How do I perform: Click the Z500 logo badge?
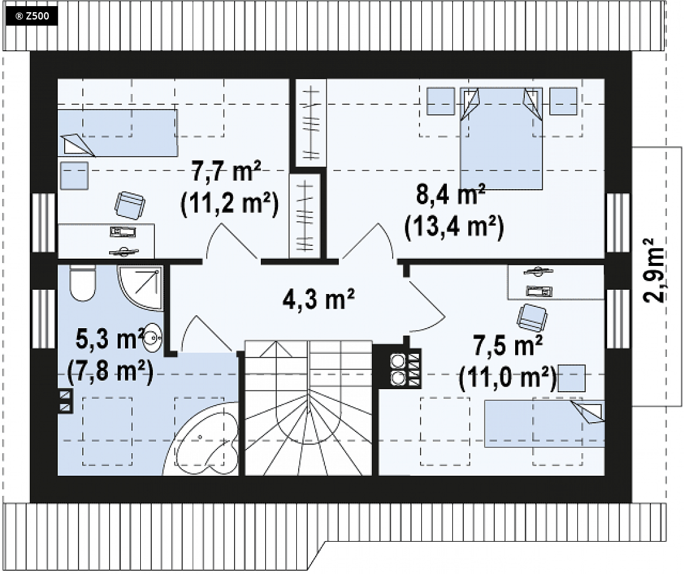[31, 16]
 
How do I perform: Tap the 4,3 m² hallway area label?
[318, 299]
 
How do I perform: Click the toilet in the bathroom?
[82, 283]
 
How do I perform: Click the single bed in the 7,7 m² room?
[118, 133]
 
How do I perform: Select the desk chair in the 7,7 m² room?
[130, 204]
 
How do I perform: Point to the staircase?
[308, 407]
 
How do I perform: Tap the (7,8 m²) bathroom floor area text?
[110, 372]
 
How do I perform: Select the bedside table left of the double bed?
[441, 101]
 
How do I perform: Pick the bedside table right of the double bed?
[563, 101]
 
